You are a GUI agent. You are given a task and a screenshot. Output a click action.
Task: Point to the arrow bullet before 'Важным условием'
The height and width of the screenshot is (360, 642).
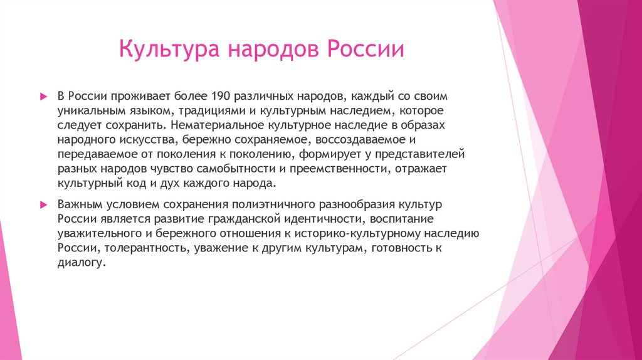point(43,205)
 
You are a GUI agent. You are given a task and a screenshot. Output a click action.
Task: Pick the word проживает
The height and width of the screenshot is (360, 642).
point(142,97)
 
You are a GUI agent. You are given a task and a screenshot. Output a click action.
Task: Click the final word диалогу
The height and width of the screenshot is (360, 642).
point(79,263)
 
